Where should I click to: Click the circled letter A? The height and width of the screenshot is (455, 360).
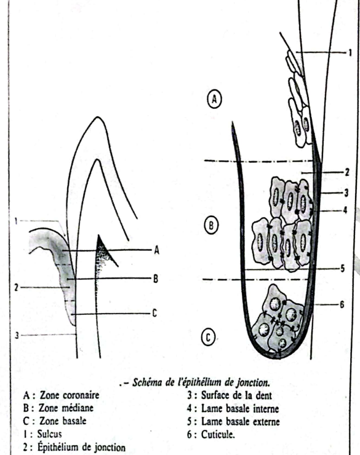(x=214, y=99)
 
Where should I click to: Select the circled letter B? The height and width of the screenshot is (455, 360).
(x=211, y=225)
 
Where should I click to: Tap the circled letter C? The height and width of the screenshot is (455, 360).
(x=209, y=338)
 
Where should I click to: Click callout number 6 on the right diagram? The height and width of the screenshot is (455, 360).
(x=342, y=305)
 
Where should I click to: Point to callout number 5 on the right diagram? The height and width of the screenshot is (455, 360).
(x=343, y=269)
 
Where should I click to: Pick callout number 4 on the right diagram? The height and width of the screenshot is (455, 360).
(x=345, y=210)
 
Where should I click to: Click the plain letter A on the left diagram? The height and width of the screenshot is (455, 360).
(x=156, y=250)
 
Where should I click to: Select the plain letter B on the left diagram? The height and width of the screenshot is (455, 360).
(x=156, y=279)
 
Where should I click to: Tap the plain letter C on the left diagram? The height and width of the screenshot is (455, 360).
(x=154, y=313)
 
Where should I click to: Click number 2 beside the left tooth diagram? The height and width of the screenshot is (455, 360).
(x=17, y=288)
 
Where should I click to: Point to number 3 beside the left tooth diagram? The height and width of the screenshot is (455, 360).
(x=17, y=336)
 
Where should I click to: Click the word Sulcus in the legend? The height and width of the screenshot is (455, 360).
(x=50, y=434)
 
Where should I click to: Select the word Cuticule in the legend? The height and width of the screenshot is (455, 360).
(x=218, y=435)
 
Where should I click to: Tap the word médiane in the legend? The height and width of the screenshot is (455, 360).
(x=78, y=408)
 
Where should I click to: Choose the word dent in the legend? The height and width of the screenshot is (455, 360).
(x=263, y=395)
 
